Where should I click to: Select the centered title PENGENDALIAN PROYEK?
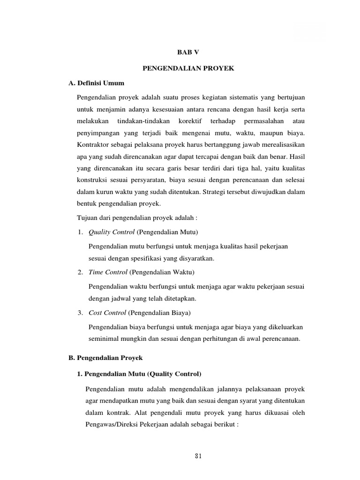click(x=187, y=68)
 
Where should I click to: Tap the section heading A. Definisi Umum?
click(x=96, y=83)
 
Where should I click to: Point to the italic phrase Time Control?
click(x=108, y=272)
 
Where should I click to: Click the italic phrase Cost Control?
click(x=107, y=312)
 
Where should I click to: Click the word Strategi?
click(x=218, y=192)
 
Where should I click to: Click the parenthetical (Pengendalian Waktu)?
click(x=162, y=272)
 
